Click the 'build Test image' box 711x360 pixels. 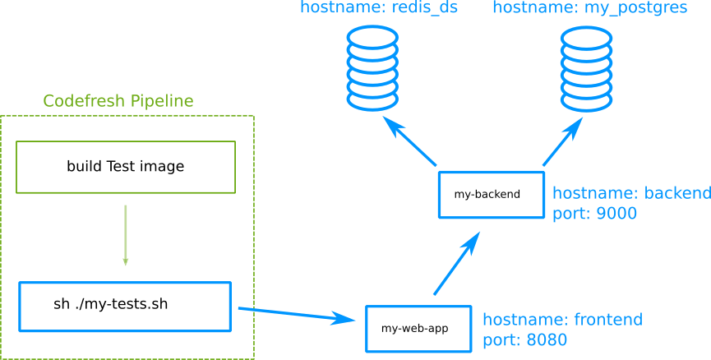coord(126,167)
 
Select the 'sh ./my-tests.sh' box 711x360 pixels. coord(125,307)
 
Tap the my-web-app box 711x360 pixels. coord(418,329)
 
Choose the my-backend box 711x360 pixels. coord(491,195)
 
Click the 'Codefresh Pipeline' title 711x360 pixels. coord(118,101)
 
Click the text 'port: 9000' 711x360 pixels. coord(594,214)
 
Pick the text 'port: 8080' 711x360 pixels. coord(524,339)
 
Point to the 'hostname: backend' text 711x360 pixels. coord(631,194)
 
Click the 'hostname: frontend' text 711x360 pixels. coord(562,320)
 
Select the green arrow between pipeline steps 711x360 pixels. coord(125,235)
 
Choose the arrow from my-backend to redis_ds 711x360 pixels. coord(409,141)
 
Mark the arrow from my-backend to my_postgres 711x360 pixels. coord(563,141)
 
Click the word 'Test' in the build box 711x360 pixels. coord(122,167)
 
